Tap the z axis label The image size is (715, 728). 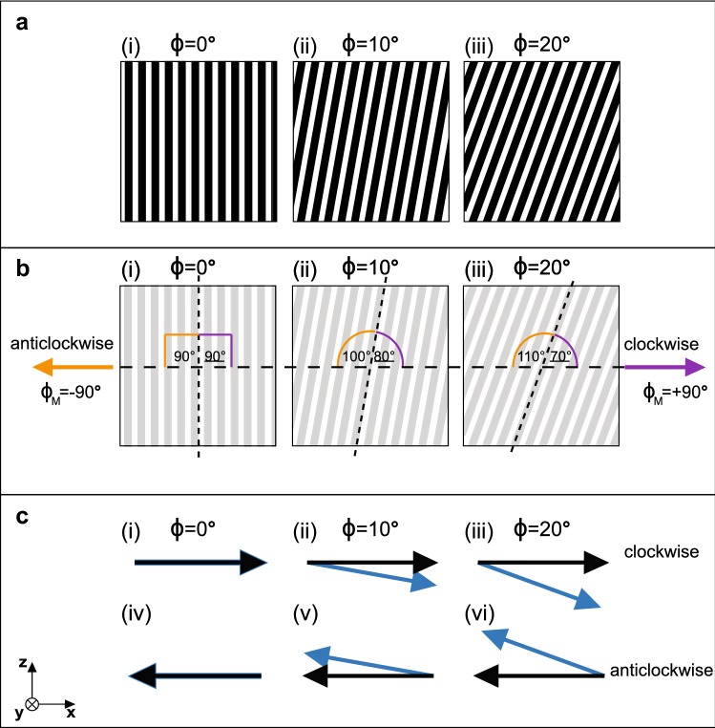pyautogui.click(x=21, y=661)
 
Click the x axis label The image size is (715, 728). pyautogui.click(x=72, y=712)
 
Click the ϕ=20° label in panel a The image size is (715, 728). pyautogui.click(x=543, y=42)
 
